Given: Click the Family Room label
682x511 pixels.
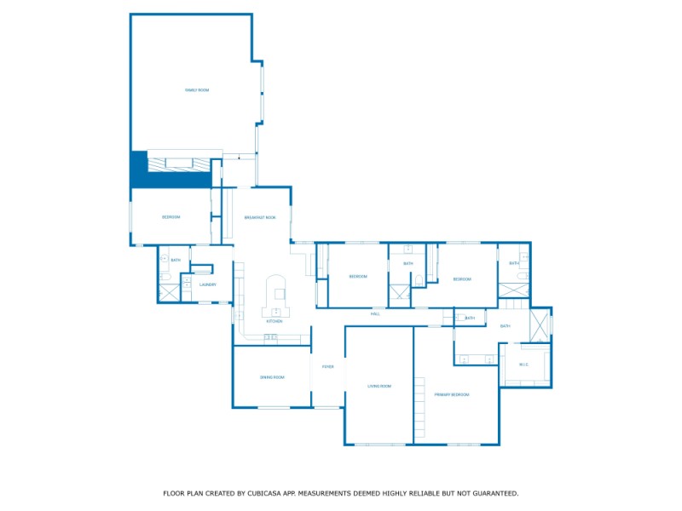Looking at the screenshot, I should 197,89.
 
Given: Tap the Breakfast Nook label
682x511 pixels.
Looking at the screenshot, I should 260,217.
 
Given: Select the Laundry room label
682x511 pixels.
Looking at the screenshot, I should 208,284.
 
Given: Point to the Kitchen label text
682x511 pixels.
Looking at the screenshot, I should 275,321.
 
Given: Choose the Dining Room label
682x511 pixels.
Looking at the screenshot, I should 272,376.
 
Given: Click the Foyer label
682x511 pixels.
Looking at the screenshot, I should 327,366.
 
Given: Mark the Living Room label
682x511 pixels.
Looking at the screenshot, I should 379,386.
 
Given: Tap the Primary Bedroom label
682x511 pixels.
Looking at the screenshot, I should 453,394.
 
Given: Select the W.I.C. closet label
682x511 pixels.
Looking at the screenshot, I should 524,365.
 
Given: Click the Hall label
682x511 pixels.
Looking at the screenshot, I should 375,314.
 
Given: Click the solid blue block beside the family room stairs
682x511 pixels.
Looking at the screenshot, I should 138,169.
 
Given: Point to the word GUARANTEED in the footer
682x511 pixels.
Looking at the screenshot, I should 488,493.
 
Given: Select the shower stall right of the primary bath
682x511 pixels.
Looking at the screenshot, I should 540,324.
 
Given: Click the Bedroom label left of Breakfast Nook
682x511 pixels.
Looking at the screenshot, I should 171,217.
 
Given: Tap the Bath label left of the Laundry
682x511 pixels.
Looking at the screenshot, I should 176,260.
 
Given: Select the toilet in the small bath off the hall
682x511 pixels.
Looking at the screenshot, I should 458,319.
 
